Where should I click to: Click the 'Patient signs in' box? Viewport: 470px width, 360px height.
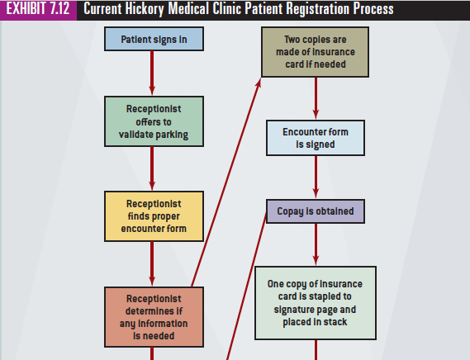[154, 39]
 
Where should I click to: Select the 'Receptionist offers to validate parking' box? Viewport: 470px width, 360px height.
[154, 121]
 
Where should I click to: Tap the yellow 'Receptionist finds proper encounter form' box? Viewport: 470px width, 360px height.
[154, 216]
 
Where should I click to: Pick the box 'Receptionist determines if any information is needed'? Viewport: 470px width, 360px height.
[154, 317]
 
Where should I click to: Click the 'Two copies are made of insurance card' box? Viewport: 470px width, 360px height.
[315, 52]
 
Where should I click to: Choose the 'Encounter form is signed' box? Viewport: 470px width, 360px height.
[316, 138]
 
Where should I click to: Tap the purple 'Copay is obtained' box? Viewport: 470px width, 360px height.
[316, 211]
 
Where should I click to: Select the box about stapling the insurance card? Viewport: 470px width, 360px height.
[316, 303]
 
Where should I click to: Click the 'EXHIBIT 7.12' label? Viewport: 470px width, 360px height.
[38, 8]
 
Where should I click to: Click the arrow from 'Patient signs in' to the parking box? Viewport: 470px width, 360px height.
[152, 73]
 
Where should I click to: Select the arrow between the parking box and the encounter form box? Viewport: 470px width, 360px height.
[152, 168]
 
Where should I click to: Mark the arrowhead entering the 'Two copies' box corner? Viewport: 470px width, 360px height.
[259, 82]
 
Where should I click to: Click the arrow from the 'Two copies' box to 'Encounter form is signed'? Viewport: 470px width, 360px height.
[316, 98]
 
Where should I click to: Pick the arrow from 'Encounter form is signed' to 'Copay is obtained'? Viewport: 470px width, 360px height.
[316, 178]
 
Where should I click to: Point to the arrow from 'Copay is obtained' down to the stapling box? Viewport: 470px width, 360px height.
[316, 244]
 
